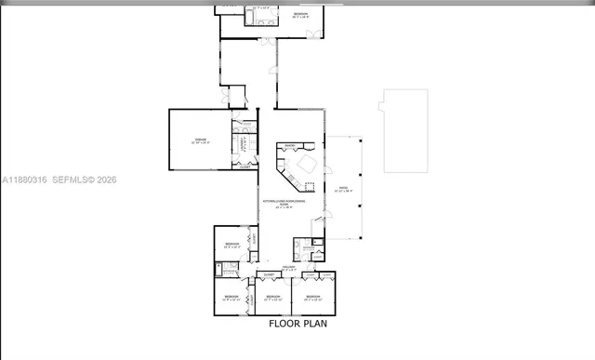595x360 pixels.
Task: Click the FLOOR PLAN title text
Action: tap(297, 325)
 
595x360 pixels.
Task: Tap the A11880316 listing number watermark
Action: tap(23, 179)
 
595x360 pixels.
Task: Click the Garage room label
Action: tap(201, 140)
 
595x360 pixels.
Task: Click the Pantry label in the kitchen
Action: tap(290, 145)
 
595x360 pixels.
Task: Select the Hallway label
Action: tap(288, 268)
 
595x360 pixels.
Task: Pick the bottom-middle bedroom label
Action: tap(271, 297)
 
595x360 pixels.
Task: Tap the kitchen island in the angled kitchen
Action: tap(304, 167)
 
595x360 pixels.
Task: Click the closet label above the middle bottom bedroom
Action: tap(268, 275)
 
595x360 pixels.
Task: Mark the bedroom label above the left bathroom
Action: tap(231, 245)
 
